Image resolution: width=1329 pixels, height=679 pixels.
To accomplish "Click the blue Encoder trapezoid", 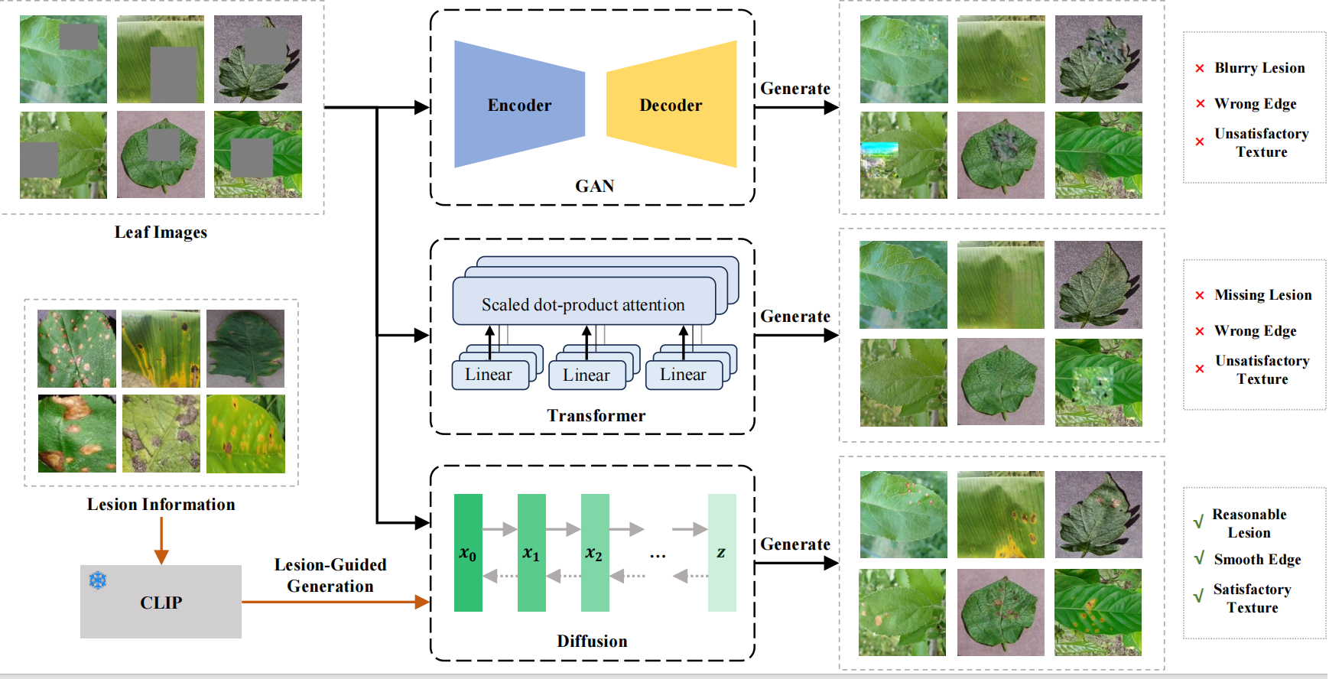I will coord(519,104).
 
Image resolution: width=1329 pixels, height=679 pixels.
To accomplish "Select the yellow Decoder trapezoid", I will coord(671,104).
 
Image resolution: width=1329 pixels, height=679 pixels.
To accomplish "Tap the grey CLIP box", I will coord(161,602).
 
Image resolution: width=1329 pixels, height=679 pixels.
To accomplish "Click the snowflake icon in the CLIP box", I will coord(98,580).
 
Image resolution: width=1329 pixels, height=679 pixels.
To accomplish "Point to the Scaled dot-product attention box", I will coord(583,304).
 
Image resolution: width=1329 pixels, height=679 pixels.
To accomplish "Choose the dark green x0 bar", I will coord(468,553).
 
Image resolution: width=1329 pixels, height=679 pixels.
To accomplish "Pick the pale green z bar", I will coord(721,553).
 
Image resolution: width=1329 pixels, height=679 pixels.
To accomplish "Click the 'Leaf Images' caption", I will coord(161,232).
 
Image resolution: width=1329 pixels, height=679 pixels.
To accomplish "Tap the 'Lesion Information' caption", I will coord(161,505).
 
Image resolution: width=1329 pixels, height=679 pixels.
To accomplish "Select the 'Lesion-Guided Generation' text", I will coord(330,575).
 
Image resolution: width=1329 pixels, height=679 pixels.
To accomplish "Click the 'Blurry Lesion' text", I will coord(1259,68).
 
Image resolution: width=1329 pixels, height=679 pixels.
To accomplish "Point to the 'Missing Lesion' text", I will coord(1262,295).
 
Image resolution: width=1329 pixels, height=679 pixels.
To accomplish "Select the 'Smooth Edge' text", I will coord(1257,560).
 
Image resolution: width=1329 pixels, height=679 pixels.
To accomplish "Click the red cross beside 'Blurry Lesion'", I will coord(1200,69).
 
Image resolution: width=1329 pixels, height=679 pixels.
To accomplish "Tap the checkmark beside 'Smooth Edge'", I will coord(1199,559).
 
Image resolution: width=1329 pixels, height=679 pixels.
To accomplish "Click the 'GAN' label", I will coord(594,187).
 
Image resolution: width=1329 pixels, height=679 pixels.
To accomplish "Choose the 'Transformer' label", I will coord(596,416).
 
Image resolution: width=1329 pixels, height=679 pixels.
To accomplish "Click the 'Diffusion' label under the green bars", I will coord(592,642).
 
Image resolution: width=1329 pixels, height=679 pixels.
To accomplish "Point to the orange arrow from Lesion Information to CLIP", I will coord(161,540).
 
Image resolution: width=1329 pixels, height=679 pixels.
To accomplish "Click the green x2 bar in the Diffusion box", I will coord(595,553).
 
